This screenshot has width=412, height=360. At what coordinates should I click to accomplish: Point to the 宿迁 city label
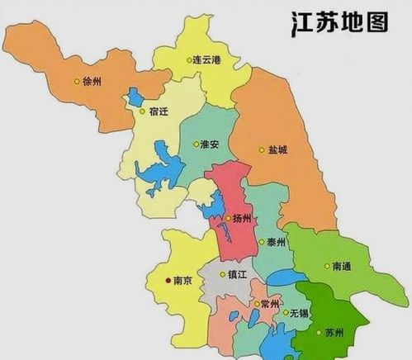click(159, 111)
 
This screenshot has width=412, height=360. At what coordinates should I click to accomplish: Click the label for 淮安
click(209, 144)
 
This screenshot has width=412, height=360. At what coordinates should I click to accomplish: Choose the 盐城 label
click(278, 150)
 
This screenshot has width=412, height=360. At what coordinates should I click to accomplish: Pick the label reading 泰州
click(275, 243)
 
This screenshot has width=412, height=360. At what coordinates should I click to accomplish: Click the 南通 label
click(343, 267)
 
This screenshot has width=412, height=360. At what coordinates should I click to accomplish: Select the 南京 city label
click(184, 281)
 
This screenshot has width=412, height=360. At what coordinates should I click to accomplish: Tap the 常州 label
click(269, 305)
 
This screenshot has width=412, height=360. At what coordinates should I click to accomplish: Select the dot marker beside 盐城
click(263, 150)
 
